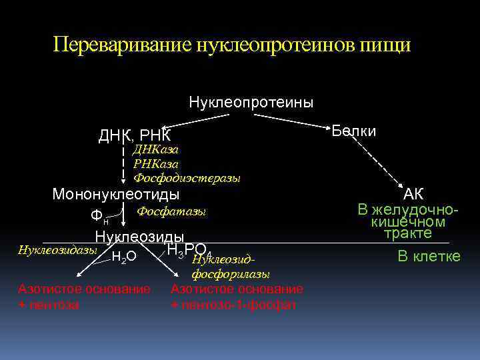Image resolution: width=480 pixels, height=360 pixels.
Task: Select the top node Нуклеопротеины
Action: (x=251, y=103)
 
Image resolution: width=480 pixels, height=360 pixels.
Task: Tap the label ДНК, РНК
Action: (x=135, y=137)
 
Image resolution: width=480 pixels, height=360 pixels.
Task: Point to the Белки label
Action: (x=354, y=131)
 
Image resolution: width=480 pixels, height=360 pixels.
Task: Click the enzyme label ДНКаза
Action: (x=156, y=149)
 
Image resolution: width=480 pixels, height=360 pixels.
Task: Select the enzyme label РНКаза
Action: (x=156, y=163)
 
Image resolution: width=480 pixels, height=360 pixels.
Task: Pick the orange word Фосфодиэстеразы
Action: (x=187, y=178)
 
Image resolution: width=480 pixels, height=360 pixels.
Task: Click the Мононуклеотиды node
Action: (x=116, y=195)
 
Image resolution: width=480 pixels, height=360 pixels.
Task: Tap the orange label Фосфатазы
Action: (x=171, y=211)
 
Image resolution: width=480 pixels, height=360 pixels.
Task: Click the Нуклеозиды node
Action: (x=139, y=237)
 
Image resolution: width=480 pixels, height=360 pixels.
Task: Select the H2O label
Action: (x=124, y=256)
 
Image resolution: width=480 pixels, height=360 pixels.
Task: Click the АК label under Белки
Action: (x=413, y=194)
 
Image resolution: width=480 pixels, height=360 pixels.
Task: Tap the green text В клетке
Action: (x=429, y=255)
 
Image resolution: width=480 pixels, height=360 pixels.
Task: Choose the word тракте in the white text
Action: (x=408, y=233)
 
